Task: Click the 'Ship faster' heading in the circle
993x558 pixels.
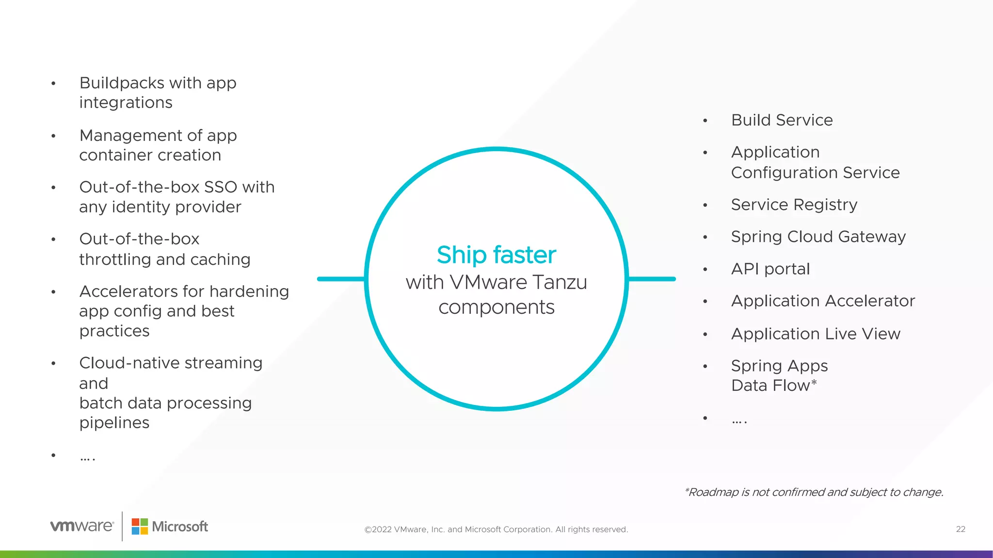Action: click(x=496, y=255)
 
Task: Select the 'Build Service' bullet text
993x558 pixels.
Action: click(x=782, y=120)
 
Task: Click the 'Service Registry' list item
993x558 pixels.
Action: click(x=794, y=205)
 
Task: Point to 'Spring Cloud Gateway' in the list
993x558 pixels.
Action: click(x=818, y=237)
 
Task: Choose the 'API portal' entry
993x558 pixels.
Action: click(x=770, y=269)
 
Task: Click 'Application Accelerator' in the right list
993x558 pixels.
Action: click(x=822, y=301)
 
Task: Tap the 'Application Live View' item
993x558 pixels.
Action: click(x=815, y=334)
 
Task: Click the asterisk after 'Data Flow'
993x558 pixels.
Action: click(x=814, y=383)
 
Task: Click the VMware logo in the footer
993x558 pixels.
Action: click(x=82, y=526)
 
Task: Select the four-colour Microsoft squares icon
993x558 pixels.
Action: click(x=140, y=527)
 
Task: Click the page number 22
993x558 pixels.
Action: click(x=960, y=529)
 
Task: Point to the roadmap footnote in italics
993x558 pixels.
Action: click(x=813, y=493)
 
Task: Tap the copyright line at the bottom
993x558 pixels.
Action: click(x=496, y=529)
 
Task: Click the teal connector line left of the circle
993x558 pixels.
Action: click(x=341, y=279)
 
